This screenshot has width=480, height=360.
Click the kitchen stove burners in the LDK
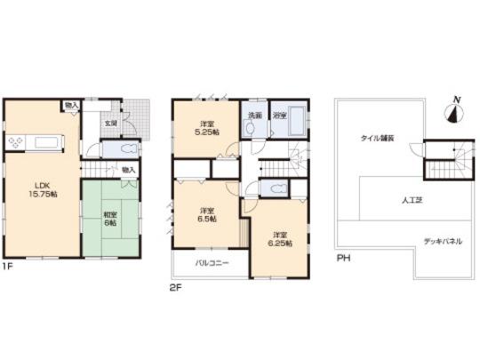[x=17, y=143]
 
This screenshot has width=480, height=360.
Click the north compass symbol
[x=455, y=111]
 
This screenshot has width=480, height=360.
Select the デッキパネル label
[x=441, y=242]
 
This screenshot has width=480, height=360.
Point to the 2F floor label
[x=177, y=288]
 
